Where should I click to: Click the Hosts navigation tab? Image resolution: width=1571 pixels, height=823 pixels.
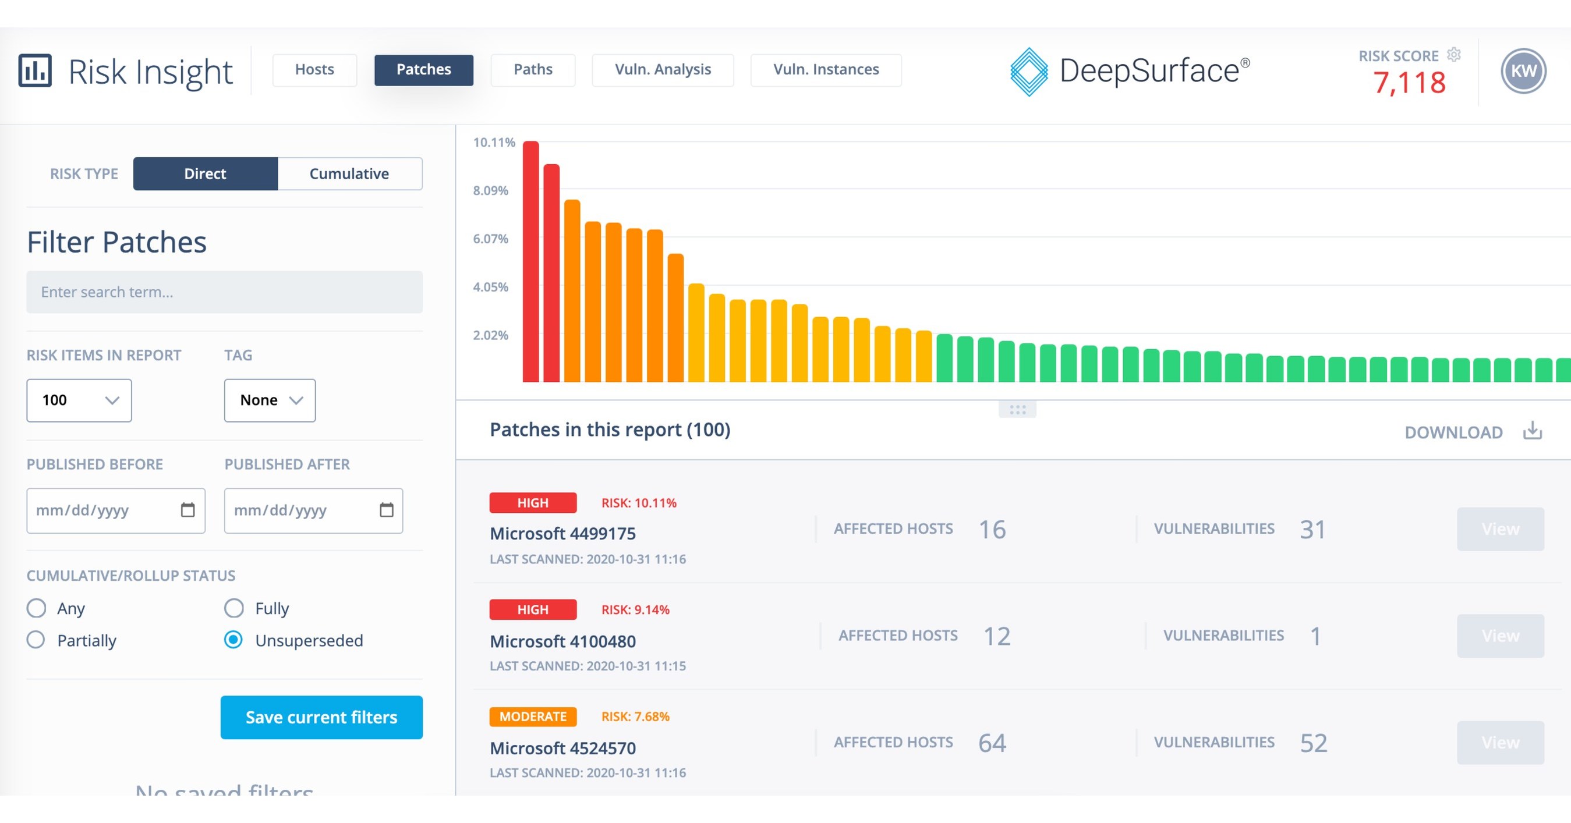[x=314, y=69]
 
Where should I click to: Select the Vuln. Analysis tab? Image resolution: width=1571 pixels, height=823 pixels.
[x=662, y=69]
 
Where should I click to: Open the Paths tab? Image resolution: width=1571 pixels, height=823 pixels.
[x=532, y=69]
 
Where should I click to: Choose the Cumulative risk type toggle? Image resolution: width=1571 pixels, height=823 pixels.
[x=349, y=174]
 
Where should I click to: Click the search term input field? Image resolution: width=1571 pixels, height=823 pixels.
[x=224, y=292]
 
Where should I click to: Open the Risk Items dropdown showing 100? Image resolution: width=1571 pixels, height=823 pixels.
[x=79, y=400]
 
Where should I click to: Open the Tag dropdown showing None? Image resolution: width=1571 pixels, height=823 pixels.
[x=270, y=400]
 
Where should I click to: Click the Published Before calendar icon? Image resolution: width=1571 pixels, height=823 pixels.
[x=188, y=510]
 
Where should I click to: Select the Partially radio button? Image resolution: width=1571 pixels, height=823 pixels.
[x=36, y=640]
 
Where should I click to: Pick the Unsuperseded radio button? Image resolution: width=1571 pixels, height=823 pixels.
[x=233, y=640]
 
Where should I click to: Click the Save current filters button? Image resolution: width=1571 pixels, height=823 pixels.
[x=321, y=717]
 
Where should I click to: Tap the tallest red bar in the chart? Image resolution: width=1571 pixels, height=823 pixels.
[x=530, y=262]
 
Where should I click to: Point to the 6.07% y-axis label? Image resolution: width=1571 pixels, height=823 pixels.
[x=490, y=239]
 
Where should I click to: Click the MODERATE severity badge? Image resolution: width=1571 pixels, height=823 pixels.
[x=532, y=716]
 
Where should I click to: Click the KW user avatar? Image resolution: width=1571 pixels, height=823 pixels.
[x=1523, y=70]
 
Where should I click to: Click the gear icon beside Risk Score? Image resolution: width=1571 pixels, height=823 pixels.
[x=1454, y=54]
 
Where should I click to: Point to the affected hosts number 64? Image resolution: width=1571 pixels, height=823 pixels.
[x=992, y=743]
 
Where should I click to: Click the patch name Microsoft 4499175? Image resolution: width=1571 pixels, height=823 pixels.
[x=562, y=533]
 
